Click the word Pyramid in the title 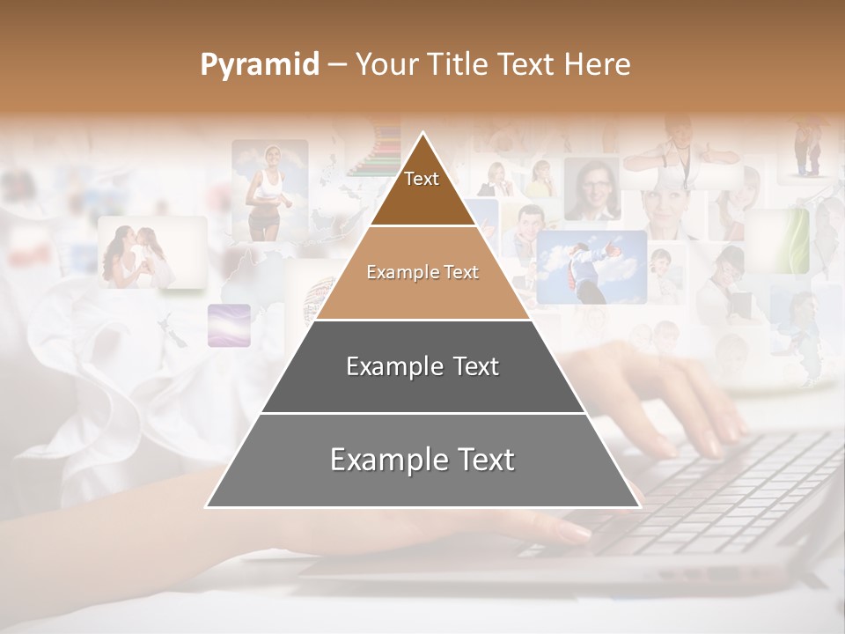pyautogui.click(x=259, y=65)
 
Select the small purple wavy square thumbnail pyautogui.click(x=229, y=325)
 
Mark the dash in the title pyautogui.click(x=336, y=65)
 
